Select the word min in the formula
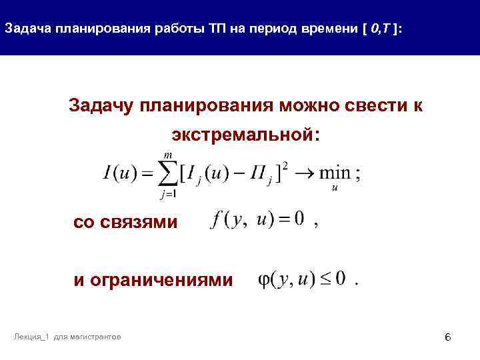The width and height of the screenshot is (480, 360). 335,173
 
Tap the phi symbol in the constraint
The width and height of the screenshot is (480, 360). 264,281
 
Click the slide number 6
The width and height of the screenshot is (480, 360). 448,339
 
